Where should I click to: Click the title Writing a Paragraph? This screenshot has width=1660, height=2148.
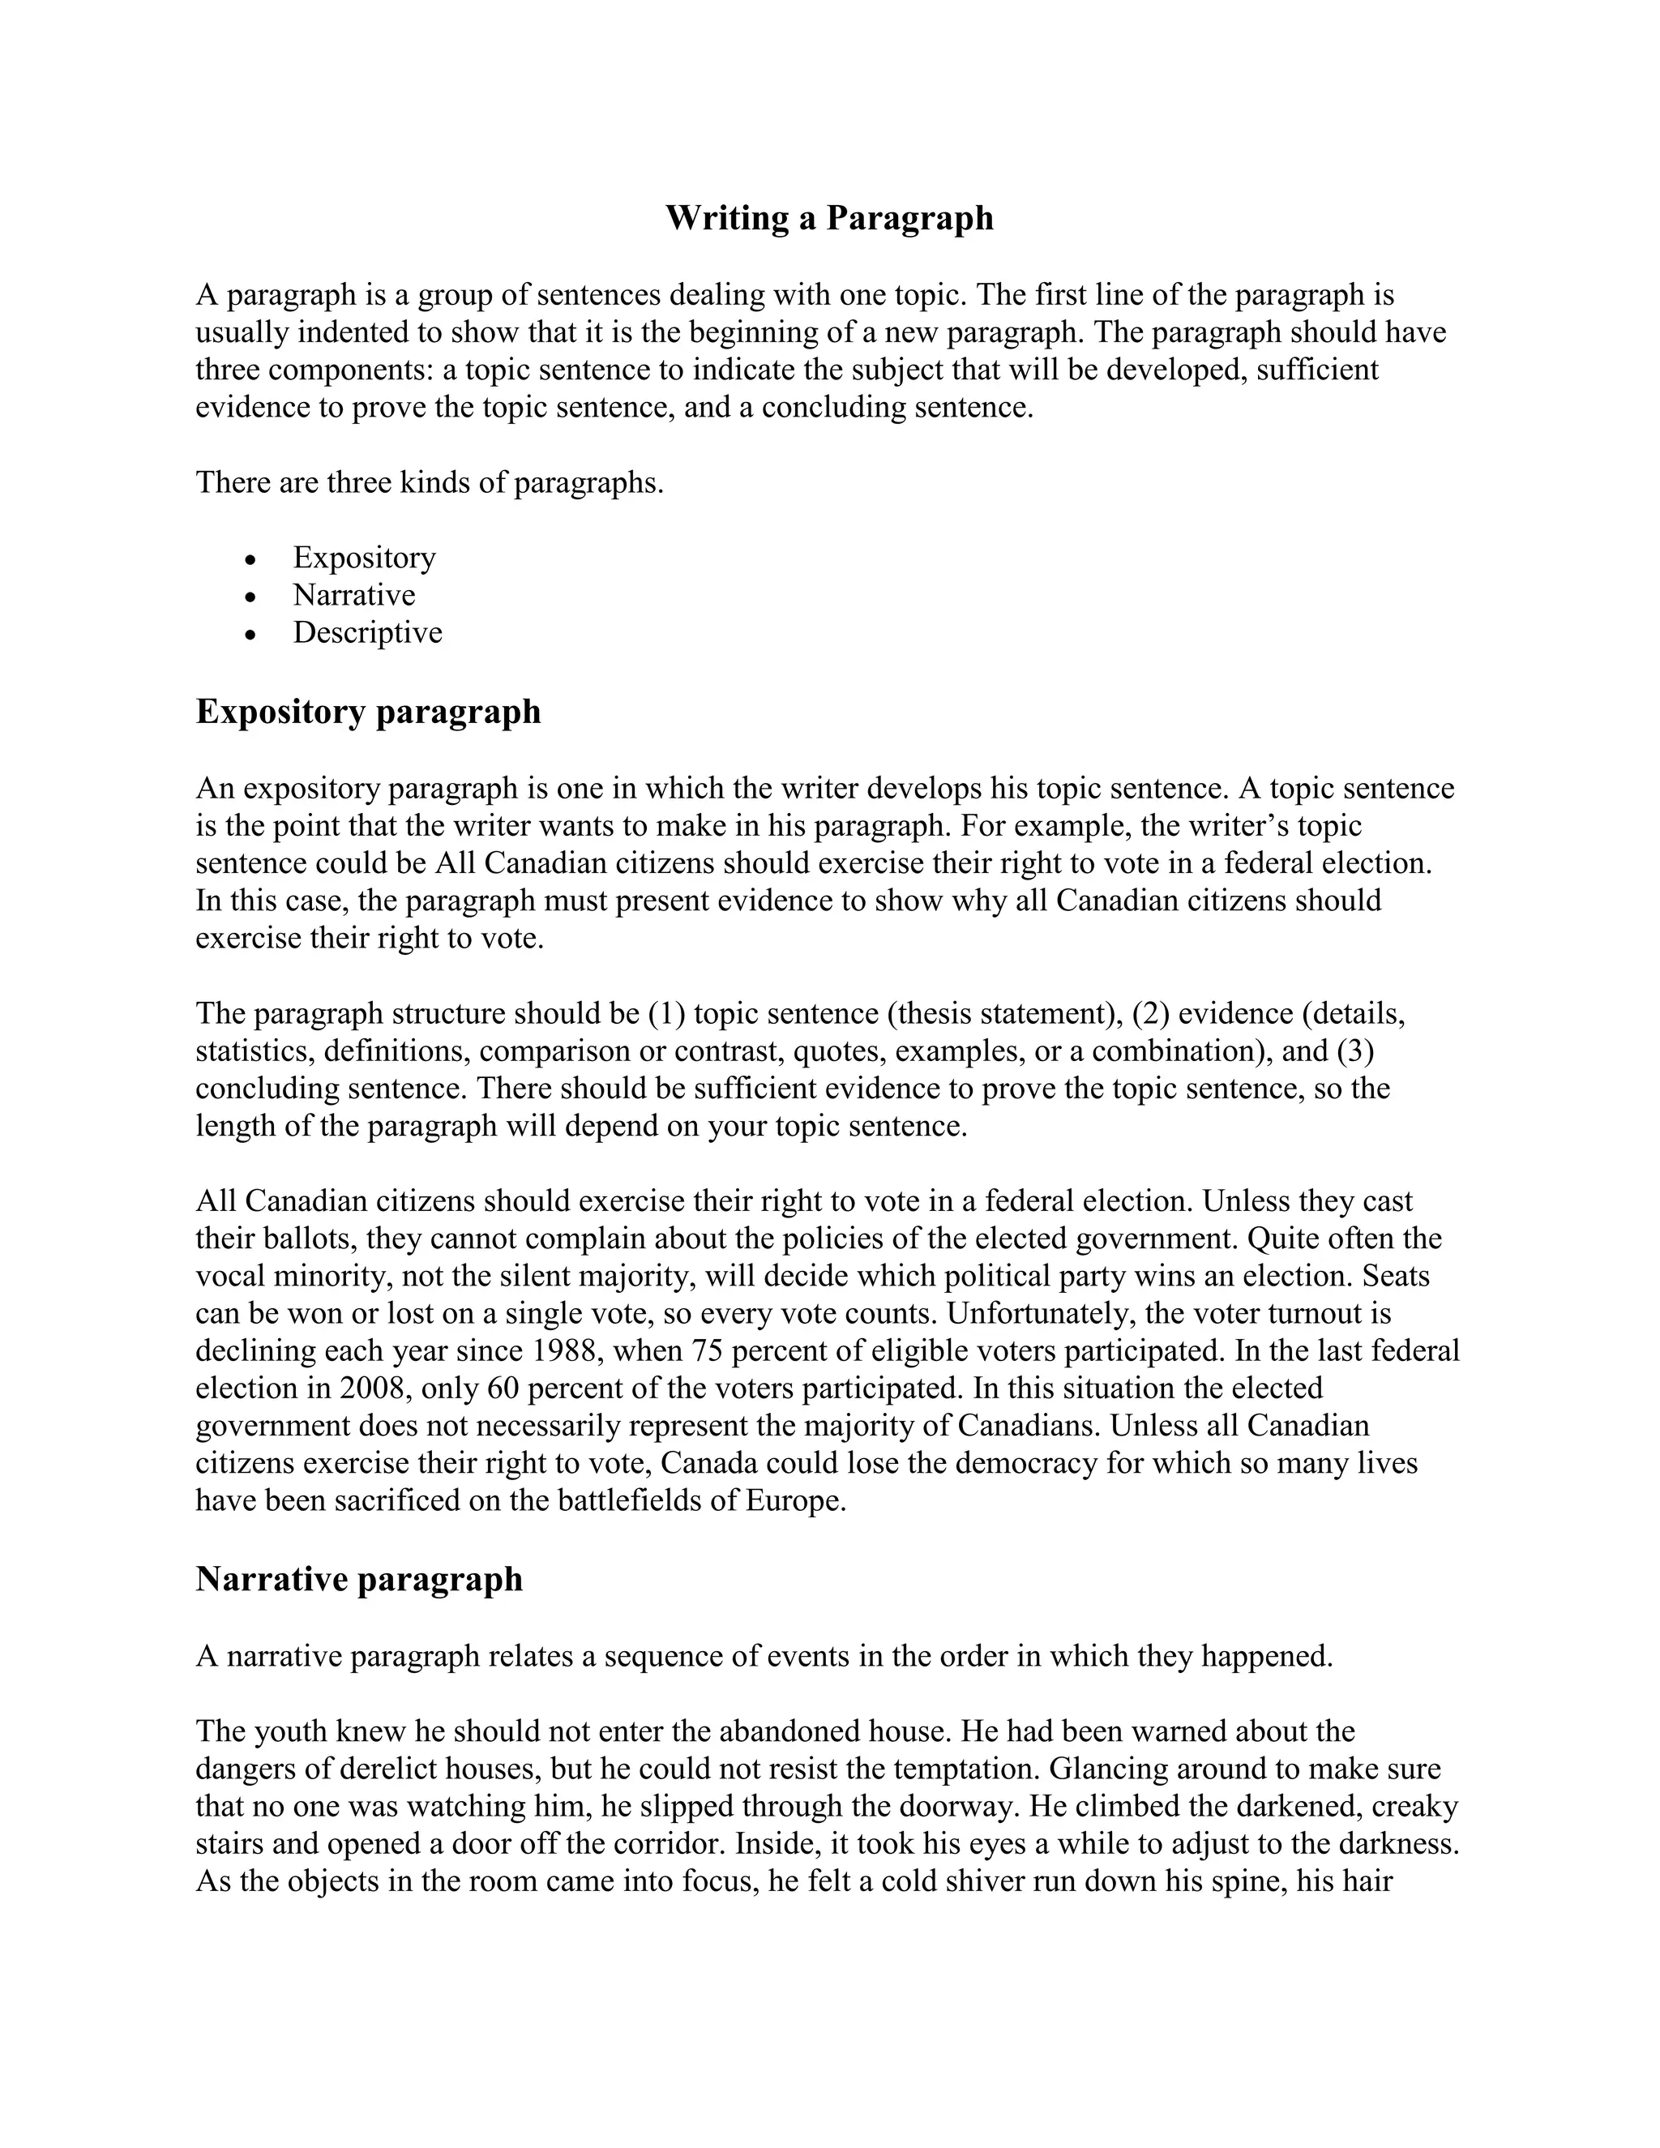pyautogui.click(x=829, y=217)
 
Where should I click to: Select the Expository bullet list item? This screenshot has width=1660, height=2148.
pyautogui.click(x=364, y=558)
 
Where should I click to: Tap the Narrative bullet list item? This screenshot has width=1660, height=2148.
pyautogui.click(x=354, y=595)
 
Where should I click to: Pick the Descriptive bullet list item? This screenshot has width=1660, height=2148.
pyautogui.click(x=367, y=632)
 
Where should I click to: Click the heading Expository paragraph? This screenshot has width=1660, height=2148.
pyautogui.click(x=368, y=711)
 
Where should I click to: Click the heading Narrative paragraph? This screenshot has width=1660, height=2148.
pyautogui.click(x=359, y=1578)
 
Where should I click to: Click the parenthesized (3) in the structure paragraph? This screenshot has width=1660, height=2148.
pyautogui.click(x=1355, y=1051)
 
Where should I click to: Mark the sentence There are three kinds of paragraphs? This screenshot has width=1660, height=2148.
pyautogui.click(x=430, y=483)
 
